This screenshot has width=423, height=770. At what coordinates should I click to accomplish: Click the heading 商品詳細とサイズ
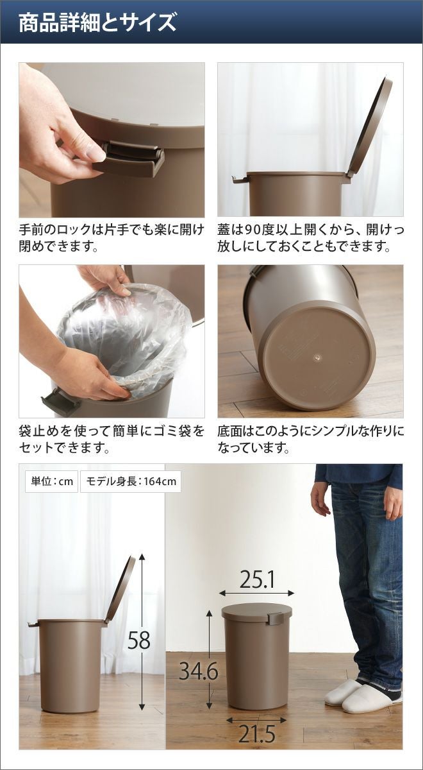click(x=97, y=22)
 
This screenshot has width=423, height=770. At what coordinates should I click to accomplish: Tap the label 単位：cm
click(x=52, y=481)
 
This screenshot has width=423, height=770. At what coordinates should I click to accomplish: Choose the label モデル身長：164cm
click(x=131, y=481)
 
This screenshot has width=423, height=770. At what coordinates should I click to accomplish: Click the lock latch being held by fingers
click(x=132, y=158)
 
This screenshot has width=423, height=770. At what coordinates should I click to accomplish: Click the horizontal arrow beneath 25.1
click(x=256, y=593)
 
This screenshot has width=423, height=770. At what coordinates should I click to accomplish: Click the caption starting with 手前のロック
click(x=112, y=237)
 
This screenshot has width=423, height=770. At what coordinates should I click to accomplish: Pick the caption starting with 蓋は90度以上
click(x=311, y=237)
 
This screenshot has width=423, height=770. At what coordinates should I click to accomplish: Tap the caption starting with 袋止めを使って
click(x=112, y=439)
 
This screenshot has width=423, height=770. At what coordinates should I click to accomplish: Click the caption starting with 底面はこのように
click(x=311, y=439)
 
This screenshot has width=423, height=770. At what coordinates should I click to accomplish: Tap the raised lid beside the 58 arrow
click(x=120, y=587)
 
